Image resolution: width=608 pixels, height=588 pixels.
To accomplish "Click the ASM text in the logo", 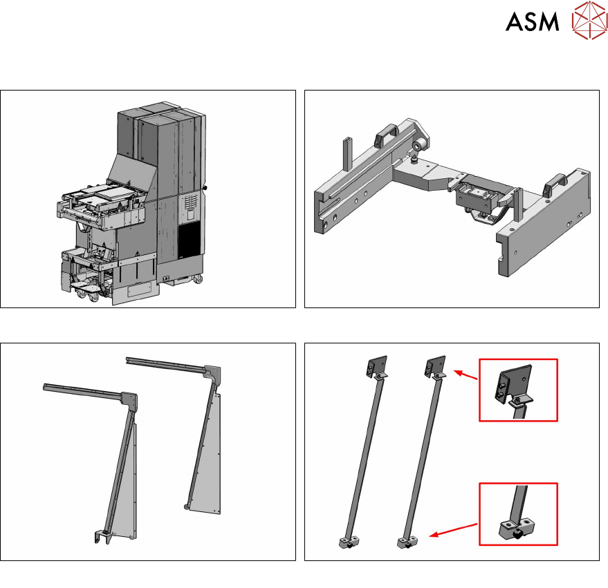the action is point(533,21).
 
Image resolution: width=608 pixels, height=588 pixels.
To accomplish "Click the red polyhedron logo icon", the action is point(590,20).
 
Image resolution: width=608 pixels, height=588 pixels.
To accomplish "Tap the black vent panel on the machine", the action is point(190,239).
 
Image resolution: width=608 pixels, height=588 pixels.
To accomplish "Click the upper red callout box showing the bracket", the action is point(519,390).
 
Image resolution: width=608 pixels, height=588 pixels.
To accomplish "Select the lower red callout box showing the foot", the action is point(519,514).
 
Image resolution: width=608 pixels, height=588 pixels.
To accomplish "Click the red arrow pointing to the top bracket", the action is point(466,375).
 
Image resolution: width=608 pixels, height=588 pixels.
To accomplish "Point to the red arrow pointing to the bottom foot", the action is point(454,530).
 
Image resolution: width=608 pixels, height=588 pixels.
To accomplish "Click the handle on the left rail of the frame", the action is point(386,133).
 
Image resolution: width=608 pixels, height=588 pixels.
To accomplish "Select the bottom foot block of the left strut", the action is point(348,542).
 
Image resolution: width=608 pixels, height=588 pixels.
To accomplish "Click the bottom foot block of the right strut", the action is point(407,542).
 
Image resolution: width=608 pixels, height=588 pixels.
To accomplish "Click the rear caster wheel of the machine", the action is point(198,278).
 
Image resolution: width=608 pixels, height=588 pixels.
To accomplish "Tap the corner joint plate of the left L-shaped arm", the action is point(129,399).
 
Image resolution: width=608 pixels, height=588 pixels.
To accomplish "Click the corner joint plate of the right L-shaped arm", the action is point(212,373).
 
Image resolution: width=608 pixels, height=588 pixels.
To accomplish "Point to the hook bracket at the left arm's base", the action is point(102,536).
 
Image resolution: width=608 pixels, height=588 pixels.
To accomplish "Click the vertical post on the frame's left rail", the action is point(347,154).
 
